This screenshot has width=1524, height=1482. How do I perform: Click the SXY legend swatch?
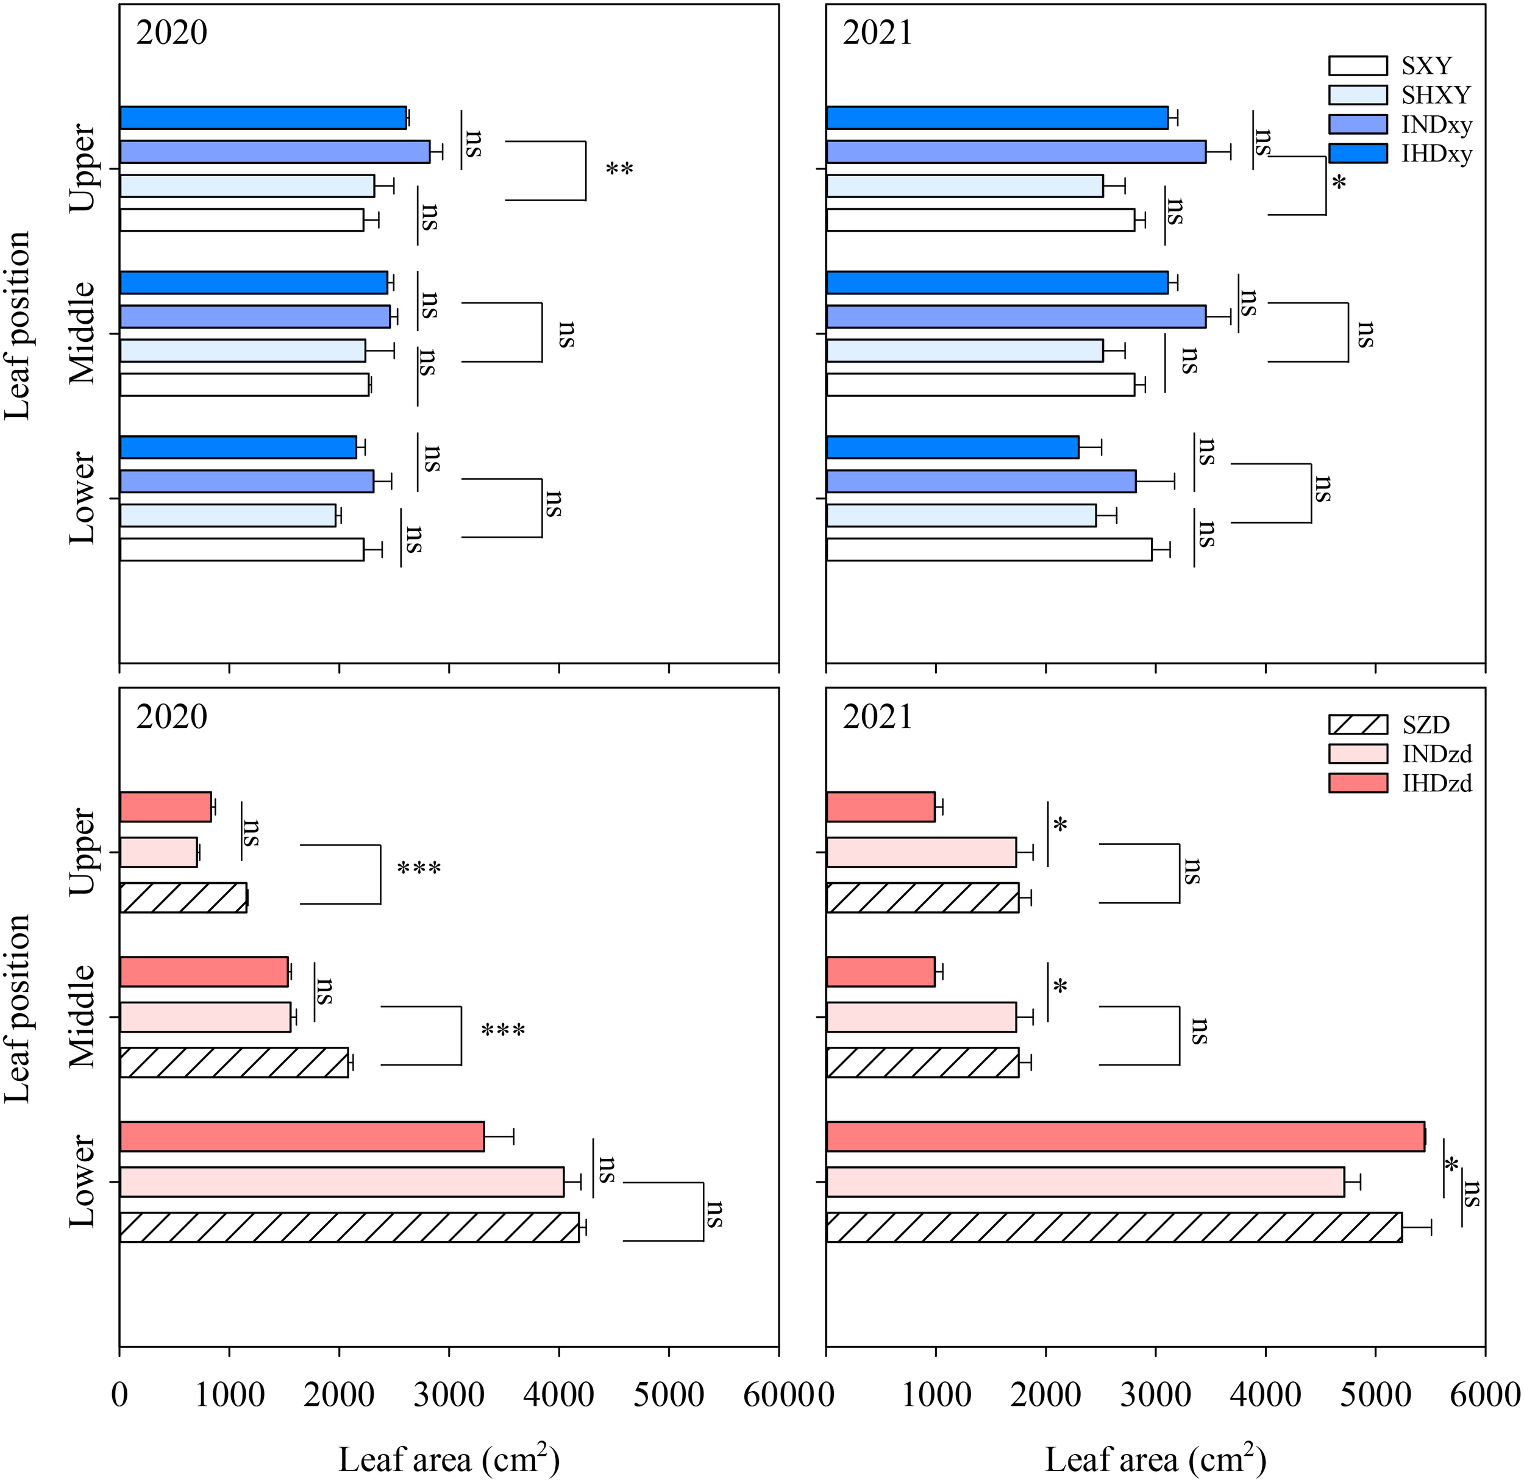[x=1358, y=65]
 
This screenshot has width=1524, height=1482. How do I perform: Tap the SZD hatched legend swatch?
[x=1358, y=725]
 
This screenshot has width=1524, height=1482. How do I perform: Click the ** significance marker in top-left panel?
[x=619, y=169]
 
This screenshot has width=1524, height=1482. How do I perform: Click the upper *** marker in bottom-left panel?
[x=419, y=869]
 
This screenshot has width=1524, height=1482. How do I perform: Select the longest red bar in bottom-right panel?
[x=1125, y=1136]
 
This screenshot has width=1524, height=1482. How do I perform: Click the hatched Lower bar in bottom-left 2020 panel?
[x=349, y=1227]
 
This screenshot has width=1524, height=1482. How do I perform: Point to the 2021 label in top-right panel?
[x=877, y=34]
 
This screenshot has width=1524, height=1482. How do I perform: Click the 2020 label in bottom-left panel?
[x=171, y=717]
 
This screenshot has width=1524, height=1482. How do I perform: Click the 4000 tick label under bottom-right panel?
[x=1266, y=1395]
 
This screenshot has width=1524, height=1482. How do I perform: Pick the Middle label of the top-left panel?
[x=82, y=333]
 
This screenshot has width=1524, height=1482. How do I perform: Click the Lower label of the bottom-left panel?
[x=82, y=1181]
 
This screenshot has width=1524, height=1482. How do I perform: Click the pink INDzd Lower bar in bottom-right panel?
[x=1085, y=1181]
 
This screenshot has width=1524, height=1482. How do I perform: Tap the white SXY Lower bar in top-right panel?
[x=989, y=549]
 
